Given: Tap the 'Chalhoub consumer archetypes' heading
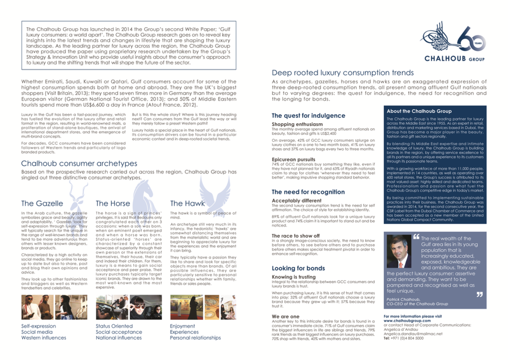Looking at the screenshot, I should pyautogui.click(x=79, y=163).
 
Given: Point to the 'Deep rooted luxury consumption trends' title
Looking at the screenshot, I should pyautogui.click(x=343, y=72).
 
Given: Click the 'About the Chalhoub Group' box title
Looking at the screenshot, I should pyautogui.click(x=419, y=111).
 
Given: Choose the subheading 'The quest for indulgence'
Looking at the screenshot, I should pyautogui.click(x=308, y=115).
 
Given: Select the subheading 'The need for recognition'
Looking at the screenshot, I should pyautogui.click(x=308, y=192).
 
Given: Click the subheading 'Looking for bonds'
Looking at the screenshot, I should pyautogui.click(x=298, y=268).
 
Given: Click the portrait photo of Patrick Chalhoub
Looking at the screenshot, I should pyautogui.click(x=399, y=251).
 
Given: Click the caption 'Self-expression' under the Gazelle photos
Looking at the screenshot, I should pyautogui.click(x=39, y=326).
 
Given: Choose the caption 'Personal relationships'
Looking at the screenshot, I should pyautogui.click(x=195, y=337).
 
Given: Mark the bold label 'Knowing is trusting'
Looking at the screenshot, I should pyautogui.click(x=294, y=277).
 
